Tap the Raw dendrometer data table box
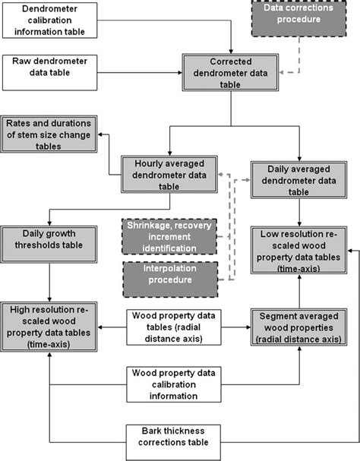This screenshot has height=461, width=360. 49,68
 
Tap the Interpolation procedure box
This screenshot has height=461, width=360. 170,279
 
